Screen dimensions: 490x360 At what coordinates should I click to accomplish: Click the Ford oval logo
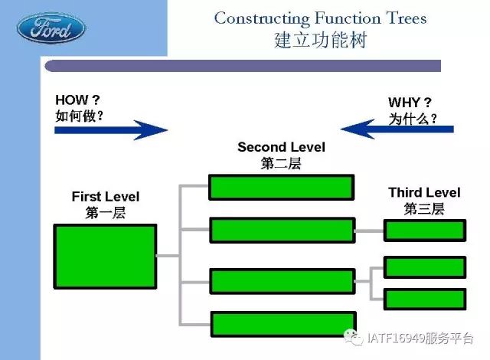(x=51, y=28)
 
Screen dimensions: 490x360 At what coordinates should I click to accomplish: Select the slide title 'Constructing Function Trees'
(x=320, y=18)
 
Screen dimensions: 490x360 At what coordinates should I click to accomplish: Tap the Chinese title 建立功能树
(x=320, y=40)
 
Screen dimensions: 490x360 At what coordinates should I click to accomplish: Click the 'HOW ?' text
(x=77, y=100)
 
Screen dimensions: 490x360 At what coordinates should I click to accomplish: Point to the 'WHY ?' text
(x=410, y=102)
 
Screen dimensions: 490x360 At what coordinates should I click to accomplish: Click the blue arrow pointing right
(x=111, y=130)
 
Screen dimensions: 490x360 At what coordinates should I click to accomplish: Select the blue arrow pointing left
(x=397, y=129)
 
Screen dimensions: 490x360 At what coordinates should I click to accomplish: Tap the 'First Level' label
(x=106, y=197)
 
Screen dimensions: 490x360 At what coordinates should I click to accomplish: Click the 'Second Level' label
(x=281, y=147)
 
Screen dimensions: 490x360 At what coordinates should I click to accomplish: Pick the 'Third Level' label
(x=424, y=192)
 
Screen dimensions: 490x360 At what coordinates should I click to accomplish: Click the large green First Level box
(x=105, y=257)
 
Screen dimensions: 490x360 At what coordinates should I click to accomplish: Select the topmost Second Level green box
(x=281, y=187)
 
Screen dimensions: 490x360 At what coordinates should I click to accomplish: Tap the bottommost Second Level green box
(x=283, y=324)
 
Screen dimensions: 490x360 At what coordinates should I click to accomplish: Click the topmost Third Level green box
(x=425, y=231)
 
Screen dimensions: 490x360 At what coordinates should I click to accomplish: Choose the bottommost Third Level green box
(x=425, y=299)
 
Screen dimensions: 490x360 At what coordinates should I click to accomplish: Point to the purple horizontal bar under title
(x=243, y=66)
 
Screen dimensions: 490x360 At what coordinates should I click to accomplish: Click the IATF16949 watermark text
(x=420, y=338)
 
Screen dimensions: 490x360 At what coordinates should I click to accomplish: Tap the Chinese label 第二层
(x=281, y=163)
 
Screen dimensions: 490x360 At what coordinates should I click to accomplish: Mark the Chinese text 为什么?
(x=413, y=119)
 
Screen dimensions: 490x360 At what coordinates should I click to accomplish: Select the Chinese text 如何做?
(x=80, y=116)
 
